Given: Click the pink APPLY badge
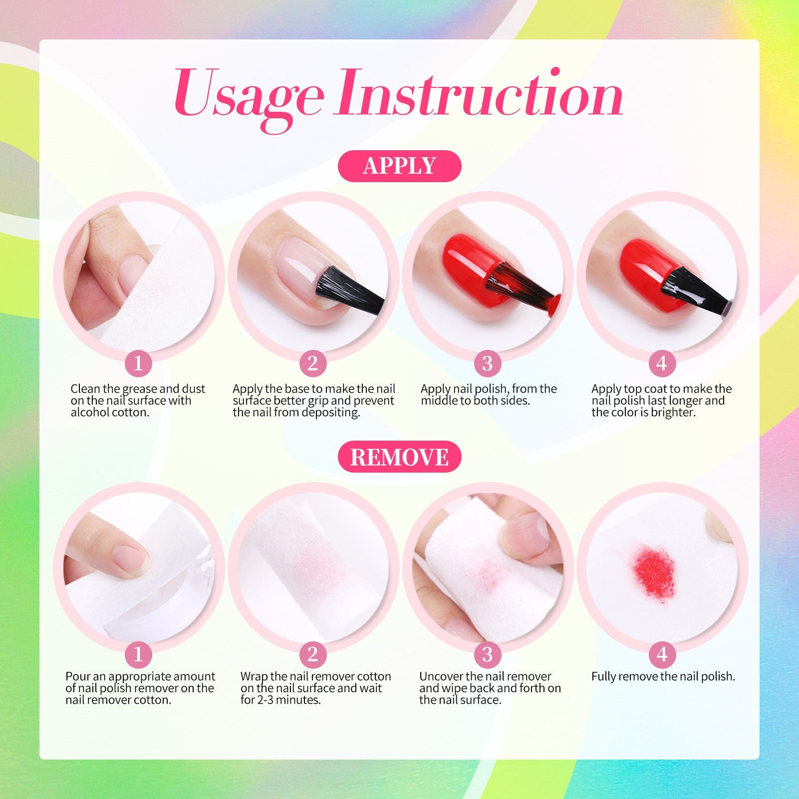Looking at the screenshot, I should click(399, 166).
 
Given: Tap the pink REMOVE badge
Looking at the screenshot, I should click(399, 457).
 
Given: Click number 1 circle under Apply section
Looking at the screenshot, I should click(138, 363).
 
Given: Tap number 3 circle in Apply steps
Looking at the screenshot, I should click(487, 363).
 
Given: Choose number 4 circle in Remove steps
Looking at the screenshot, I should click(662, 654).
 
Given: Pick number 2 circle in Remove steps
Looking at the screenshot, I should click(312, 654).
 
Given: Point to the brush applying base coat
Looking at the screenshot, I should click(349, 289).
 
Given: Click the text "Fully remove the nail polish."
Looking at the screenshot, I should click(663, 677).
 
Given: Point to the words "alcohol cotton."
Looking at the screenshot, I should click(110, 413).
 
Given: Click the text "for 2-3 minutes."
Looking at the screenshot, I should click(280, 700).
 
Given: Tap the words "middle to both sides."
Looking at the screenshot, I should click(475, 401).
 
